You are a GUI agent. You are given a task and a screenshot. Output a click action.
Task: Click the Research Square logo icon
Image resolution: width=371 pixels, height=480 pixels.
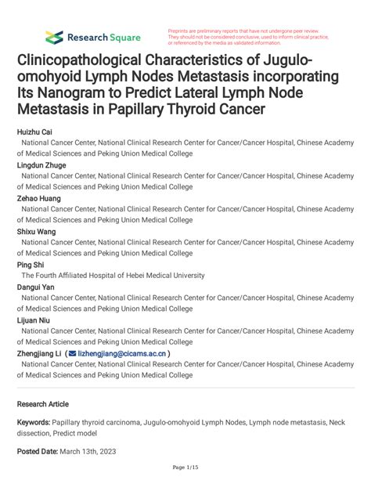(x=54, y=37)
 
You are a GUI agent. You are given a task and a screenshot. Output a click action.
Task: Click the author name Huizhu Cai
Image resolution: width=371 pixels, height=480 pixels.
(x=36, y=133)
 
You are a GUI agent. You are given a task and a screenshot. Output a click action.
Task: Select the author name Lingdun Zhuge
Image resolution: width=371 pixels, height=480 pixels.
(x=43, y=166)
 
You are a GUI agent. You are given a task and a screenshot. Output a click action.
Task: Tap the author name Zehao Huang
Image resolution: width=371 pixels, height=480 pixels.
(x=41, y=199)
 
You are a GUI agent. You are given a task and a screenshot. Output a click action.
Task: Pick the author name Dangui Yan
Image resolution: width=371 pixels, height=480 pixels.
(x=38, y=287)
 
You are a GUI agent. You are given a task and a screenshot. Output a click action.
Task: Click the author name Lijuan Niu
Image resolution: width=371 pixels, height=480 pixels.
(x=36, y=319)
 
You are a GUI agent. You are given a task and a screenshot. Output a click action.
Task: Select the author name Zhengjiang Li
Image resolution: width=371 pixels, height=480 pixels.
(x=40, y=353)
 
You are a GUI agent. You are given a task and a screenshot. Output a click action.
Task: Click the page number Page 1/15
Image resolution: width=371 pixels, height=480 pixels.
(x=185, y=468)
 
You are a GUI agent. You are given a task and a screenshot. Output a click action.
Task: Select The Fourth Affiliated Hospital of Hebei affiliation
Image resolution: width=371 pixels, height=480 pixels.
(x=113, y=276)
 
